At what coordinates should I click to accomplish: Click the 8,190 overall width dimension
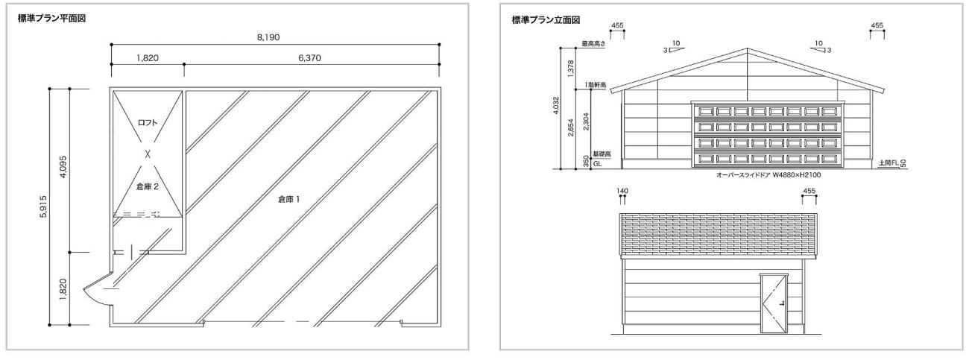[268, 38]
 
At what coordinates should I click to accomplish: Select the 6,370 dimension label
[309, 58]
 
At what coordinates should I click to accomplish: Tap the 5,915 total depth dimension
[43, 206]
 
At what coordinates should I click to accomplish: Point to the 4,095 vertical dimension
[63, 168]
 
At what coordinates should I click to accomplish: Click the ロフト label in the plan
[148, 122]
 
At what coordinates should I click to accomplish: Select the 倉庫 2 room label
[148, 186]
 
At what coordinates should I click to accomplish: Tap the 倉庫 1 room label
[289, 199]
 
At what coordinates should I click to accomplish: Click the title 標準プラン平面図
[51, 18]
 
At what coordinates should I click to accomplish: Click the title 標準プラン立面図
[546, 20]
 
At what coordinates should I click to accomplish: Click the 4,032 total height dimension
[556, 106]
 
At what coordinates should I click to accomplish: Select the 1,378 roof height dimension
[570, 69]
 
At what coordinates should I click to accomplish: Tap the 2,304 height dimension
[586, 121]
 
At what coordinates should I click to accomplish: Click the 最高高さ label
[593, 44]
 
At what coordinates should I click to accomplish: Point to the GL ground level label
[597, 164]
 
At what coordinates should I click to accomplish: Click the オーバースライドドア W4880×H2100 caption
[768, 175]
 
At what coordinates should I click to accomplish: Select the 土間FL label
[888, 162]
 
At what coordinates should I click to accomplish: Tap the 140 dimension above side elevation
[622, 191]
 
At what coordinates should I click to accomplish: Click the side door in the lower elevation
[774, 303]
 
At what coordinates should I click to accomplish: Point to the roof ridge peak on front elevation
[747, 48]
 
